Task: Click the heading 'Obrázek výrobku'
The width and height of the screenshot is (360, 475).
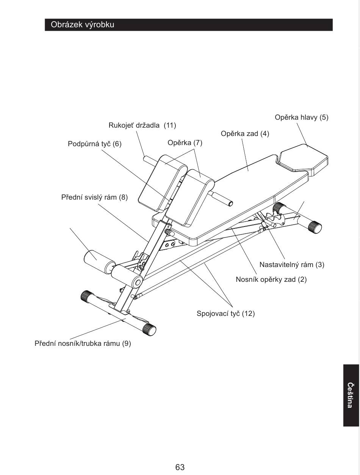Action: pos(83,25)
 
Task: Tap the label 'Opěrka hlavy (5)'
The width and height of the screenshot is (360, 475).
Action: pos(301,117)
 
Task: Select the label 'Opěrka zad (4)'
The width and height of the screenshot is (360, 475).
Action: pos(245,134)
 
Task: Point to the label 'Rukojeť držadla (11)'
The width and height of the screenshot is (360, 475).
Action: pos(142,125)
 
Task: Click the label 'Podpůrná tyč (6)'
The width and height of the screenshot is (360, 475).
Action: pos(94,144)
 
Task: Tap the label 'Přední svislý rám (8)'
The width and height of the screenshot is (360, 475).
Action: pos(94,197)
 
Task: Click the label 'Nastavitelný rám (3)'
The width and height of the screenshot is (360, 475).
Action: pos(291,264)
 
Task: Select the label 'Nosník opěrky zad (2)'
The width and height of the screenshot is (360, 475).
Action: pos(271,280)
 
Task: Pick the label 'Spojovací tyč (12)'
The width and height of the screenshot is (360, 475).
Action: pos(225,314)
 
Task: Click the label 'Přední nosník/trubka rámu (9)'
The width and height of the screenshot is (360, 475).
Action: pos(83,344)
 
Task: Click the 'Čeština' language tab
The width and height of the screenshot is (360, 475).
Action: pos(351,395)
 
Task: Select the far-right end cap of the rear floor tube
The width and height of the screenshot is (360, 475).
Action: pos(315,227)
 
